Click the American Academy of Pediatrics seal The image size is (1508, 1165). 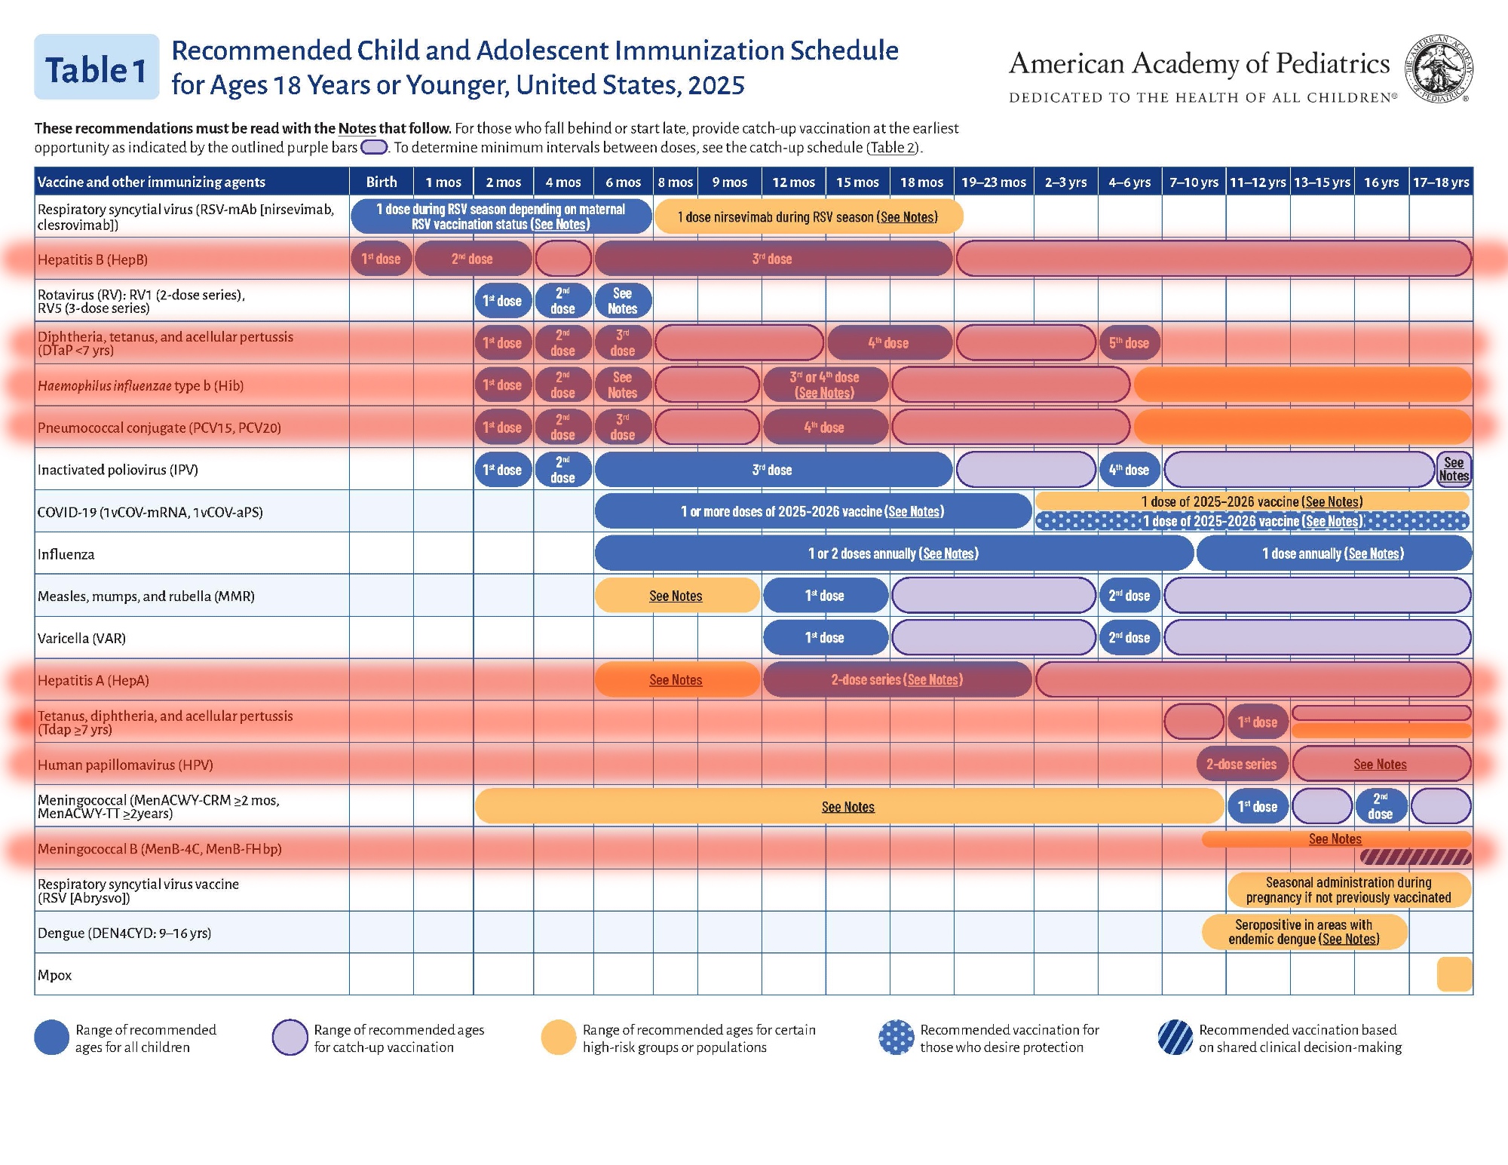click(x=1439, y=69)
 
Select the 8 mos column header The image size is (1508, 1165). click(x=675, y=182)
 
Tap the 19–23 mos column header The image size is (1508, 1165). click(x=993, y=182)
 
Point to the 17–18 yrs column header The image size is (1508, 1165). click(x=1440, y=182)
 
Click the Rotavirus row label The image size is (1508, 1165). click(x=142, y=301)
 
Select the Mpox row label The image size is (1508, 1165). click(x=55, y=975)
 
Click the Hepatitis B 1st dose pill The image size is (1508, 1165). click(x=381, y=259)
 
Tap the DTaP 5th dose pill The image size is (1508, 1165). click(x=1129, y=343)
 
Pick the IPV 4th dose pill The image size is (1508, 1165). click(x=1129, y=470)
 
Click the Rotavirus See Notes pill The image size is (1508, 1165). click(x=622, y=301)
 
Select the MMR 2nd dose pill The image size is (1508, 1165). click(x=1129, y=596)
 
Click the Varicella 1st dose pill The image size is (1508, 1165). click(x=825, y=638)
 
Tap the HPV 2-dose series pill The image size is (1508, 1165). click(x=1241, y=764)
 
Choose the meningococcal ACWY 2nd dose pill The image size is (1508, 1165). click(x=1380, y=806)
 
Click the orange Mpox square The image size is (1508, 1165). click(x=1454, y=974)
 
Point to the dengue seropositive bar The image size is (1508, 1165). click(x=1304, y=932)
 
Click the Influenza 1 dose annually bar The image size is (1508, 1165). click(x=1333, y=553)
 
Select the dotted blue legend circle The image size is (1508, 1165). click(x=896, y=1038)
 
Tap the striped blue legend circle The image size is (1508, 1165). click(x=1175, y=1038)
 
